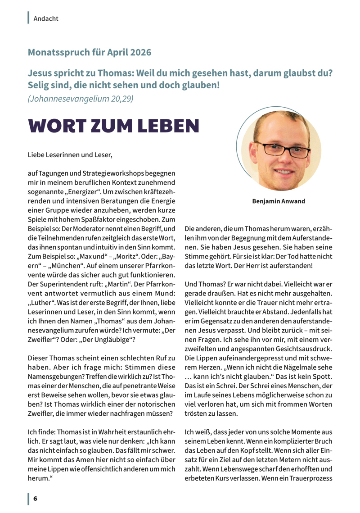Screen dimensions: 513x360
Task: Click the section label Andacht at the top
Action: [x=46, y=18]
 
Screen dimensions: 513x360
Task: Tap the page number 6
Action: [x=35, y=499]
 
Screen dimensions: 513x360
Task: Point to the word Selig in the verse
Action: [x=39, y=85]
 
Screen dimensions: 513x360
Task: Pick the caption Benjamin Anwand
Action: [x=279, y=201]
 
